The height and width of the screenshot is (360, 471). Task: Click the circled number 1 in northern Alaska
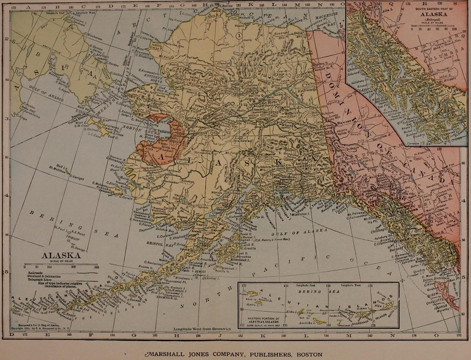point(238,35)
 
